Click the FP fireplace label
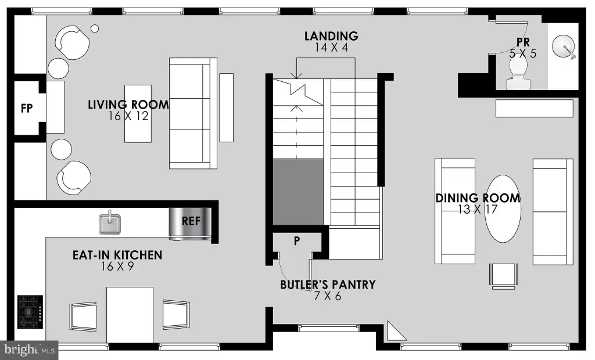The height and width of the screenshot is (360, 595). click(27, 109)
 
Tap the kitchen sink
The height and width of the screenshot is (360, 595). click(110, 223)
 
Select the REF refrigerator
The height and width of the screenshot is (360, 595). click(190, 224)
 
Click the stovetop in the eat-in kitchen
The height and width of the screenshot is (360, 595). click(30, 312)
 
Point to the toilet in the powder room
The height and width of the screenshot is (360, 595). click(518, 74)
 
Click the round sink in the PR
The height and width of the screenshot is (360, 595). click(564, 46)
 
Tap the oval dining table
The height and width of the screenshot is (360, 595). click(503, 208)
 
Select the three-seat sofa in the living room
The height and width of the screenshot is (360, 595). click(193, 113)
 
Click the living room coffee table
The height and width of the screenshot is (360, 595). click(138, 114)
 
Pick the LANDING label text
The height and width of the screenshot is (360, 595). click(331, 36)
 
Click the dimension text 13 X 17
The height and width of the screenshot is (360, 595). click(478, 210)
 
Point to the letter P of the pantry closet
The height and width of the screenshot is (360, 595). click(297, 240)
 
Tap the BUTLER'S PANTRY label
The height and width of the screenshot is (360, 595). click(328, 285)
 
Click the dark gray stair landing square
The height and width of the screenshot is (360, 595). click(298, 192)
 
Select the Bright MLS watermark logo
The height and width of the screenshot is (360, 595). click(29, 350)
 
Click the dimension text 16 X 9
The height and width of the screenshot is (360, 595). click(117, 267)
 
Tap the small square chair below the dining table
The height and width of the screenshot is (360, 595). click(504, 275)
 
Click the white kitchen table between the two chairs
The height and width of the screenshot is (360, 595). click(130, 315)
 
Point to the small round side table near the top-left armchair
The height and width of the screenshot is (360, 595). click(95, 28)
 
